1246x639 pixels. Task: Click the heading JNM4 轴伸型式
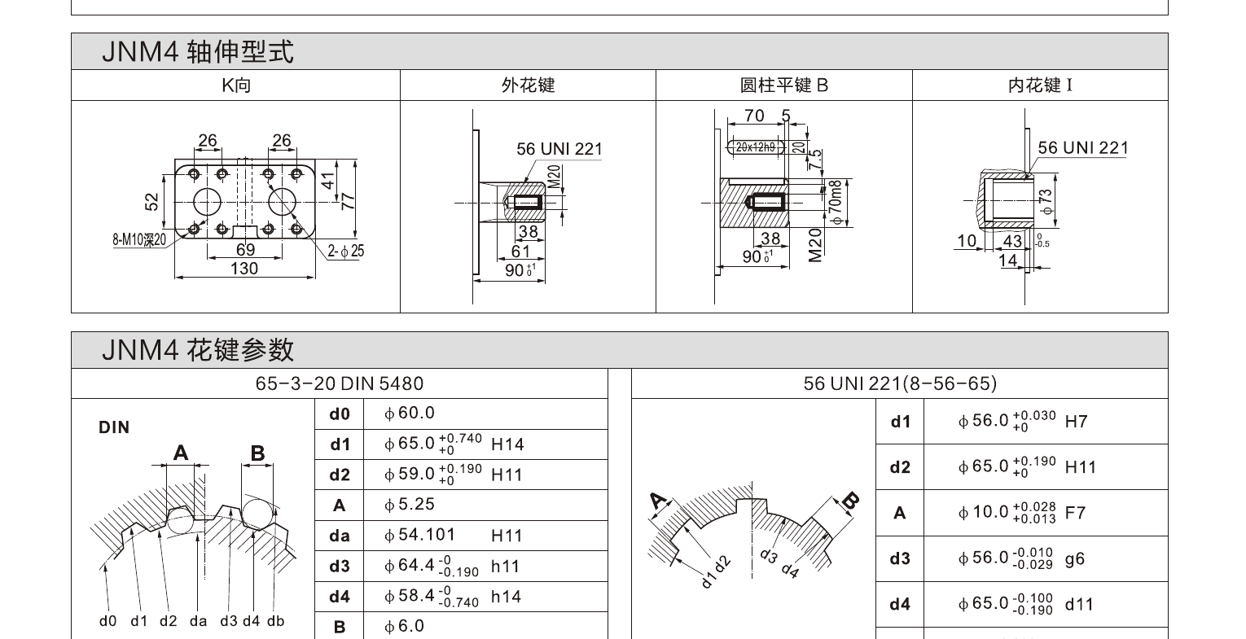point(197,52)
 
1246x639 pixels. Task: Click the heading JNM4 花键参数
point(197,350)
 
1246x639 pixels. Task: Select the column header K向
point(236,85)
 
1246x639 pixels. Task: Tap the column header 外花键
point(528,85)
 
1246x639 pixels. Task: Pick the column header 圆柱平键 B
point(783,85)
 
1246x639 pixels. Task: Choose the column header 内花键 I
point(1040,85)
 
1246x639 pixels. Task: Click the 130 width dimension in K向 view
point(244,269)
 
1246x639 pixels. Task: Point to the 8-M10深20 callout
point(139,239)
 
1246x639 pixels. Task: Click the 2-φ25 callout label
point(345,252)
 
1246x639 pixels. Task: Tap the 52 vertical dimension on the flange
point(151,201)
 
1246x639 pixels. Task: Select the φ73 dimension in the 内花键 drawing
point(1046,202)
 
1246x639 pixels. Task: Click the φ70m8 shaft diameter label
point(836,203)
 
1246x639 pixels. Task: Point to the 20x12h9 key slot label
point(756,147)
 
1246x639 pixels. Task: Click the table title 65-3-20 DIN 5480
point(340,383)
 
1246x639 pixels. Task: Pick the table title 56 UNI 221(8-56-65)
point(899,383)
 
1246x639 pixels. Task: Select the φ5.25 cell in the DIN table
point(410,505)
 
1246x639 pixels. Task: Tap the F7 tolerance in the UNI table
point(1075,513)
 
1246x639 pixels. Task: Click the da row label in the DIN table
point(340,536)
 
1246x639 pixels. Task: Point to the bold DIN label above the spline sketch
point(114,427)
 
